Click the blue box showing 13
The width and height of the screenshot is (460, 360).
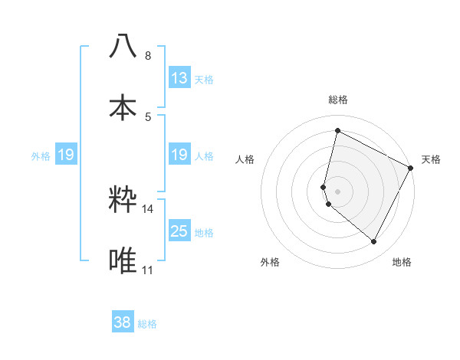(179, 78)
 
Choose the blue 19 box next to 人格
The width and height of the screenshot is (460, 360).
(179, 155)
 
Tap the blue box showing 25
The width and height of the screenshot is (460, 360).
(179, 231)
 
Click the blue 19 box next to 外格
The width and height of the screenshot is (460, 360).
(66, 155)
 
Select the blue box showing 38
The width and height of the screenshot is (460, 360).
(123, 322)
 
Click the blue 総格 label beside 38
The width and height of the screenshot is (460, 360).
(147, 324)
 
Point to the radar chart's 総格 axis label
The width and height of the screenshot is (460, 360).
(338, 100)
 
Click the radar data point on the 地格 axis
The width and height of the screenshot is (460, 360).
(373, 241)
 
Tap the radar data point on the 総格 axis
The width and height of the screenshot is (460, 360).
(337, 131)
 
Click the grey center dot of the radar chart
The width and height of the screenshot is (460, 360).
(337, 191)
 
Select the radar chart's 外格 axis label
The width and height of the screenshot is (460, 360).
(270, 262)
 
